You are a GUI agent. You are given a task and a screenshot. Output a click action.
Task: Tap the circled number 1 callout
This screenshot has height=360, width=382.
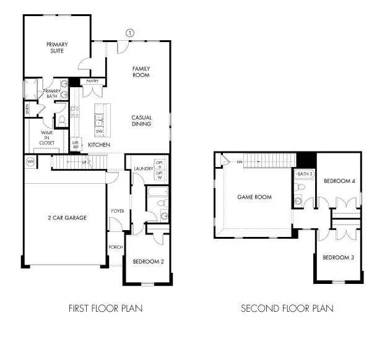pyautogui.click(x=129, y=32)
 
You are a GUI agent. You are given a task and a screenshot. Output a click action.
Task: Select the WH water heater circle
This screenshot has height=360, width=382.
pyautogui.click(x=30, y=162)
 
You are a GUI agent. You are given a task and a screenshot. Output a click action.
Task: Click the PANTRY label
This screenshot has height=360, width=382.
pyautogui.click(x=93, y=81)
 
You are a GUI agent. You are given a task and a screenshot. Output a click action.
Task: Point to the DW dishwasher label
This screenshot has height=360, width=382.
pyautogui.click(x=100, y=131)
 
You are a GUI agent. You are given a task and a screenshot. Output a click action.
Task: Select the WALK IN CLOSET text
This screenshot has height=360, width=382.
pyautogui.click(x=47, y=137)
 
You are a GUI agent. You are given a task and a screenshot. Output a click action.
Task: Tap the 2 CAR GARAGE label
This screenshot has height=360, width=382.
pyautogui.click(x=66, y=218)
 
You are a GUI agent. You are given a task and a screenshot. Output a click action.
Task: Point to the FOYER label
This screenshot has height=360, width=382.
pyautogui.click(x=117, y=211)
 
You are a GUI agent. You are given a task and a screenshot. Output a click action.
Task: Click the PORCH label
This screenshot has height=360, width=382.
pyautogui.click(x=115, y=247)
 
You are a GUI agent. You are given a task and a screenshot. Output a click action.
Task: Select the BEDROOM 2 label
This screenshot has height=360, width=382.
pyautogui.click(x=149, y=262)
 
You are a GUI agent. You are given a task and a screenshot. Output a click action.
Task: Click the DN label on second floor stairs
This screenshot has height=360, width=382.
pyautogui.click(x=239, y=162)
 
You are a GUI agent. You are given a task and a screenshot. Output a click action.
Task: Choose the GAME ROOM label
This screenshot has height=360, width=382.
pyautogui.click(x=254, y=197)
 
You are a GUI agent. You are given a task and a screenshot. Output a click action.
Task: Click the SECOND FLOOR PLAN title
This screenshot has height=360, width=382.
pyautogui.click(x=287, y=308)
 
